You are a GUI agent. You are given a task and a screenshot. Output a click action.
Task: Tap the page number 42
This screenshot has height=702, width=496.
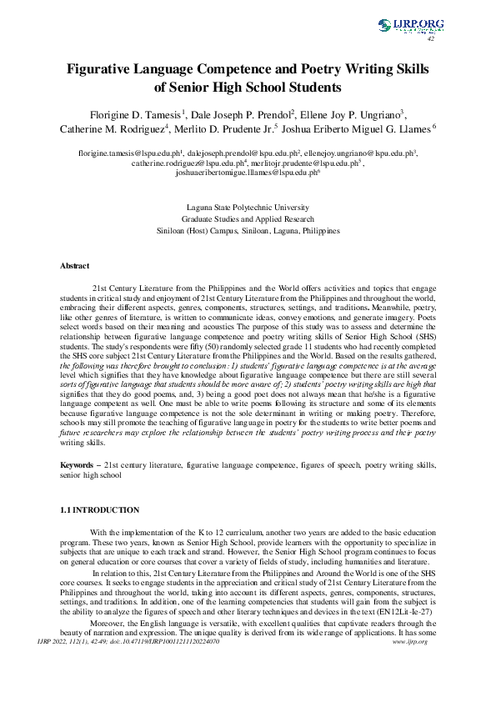point(431,38)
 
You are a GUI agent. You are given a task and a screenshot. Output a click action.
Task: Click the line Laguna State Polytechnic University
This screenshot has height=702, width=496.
point(248,205)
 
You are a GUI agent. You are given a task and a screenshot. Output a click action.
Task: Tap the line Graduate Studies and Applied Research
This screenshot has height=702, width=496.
point(248,217)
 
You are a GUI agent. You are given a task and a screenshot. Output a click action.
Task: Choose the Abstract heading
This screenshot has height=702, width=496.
point(74,266)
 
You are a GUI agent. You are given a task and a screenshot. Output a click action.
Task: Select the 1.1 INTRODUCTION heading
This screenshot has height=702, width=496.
point(98,509)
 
